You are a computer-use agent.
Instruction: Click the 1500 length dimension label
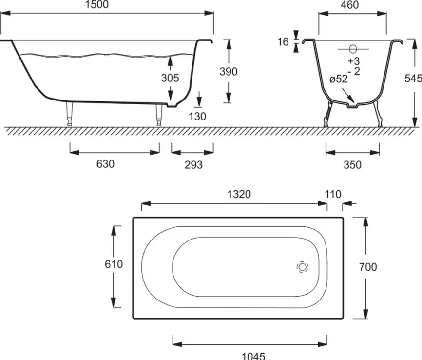coord(96,4)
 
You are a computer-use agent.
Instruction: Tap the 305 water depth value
coord(170,78)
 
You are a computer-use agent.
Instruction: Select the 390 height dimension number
coord(229,71)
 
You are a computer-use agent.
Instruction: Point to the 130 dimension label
coord(197,117)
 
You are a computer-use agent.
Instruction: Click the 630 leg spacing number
coord(105,164)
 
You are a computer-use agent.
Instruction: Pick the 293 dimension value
coord(193,165)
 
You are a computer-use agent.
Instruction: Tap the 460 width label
coord(349,4)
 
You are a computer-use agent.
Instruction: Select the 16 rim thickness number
coord(283,42)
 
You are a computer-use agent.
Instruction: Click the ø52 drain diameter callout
coord(339,79)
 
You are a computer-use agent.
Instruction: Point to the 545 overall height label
coord(413,78)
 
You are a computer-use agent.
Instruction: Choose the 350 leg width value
coord(353,165)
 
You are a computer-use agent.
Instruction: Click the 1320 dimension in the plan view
coord(239,194)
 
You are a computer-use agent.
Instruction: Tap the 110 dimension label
coord(333,194)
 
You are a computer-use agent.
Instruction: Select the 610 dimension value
coord(114,264)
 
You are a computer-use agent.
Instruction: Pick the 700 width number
coord(368,267)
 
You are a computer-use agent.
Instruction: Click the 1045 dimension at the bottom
coord(253,356)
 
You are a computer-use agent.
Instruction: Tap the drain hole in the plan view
coord(302,267)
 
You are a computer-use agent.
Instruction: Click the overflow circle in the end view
coord(353,49)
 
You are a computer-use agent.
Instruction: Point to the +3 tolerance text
coord(354,61)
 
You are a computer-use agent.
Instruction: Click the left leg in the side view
coord(69,114)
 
